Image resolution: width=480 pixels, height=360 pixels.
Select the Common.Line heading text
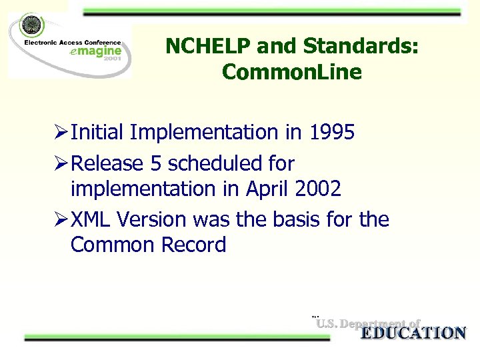[x=292, y=71]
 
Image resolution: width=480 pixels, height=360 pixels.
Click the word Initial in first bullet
[x=97, y=133]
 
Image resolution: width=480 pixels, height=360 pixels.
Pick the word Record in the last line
[x=194, y=245]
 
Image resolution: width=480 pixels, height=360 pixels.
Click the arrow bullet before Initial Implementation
[x=59, y=133]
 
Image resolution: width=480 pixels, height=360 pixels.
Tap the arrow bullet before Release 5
[x=59, y=163]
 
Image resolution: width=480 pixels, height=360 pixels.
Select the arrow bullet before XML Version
[x=59, y=219]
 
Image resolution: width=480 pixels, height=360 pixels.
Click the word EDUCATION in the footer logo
[x=413, y=333]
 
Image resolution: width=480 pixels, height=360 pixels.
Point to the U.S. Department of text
[x=368, y=324]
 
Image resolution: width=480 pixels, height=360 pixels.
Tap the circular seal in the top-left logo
[x=31, y=25]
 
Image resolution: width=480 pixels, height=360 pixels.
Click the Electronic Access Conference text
[x=73, y=41]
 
